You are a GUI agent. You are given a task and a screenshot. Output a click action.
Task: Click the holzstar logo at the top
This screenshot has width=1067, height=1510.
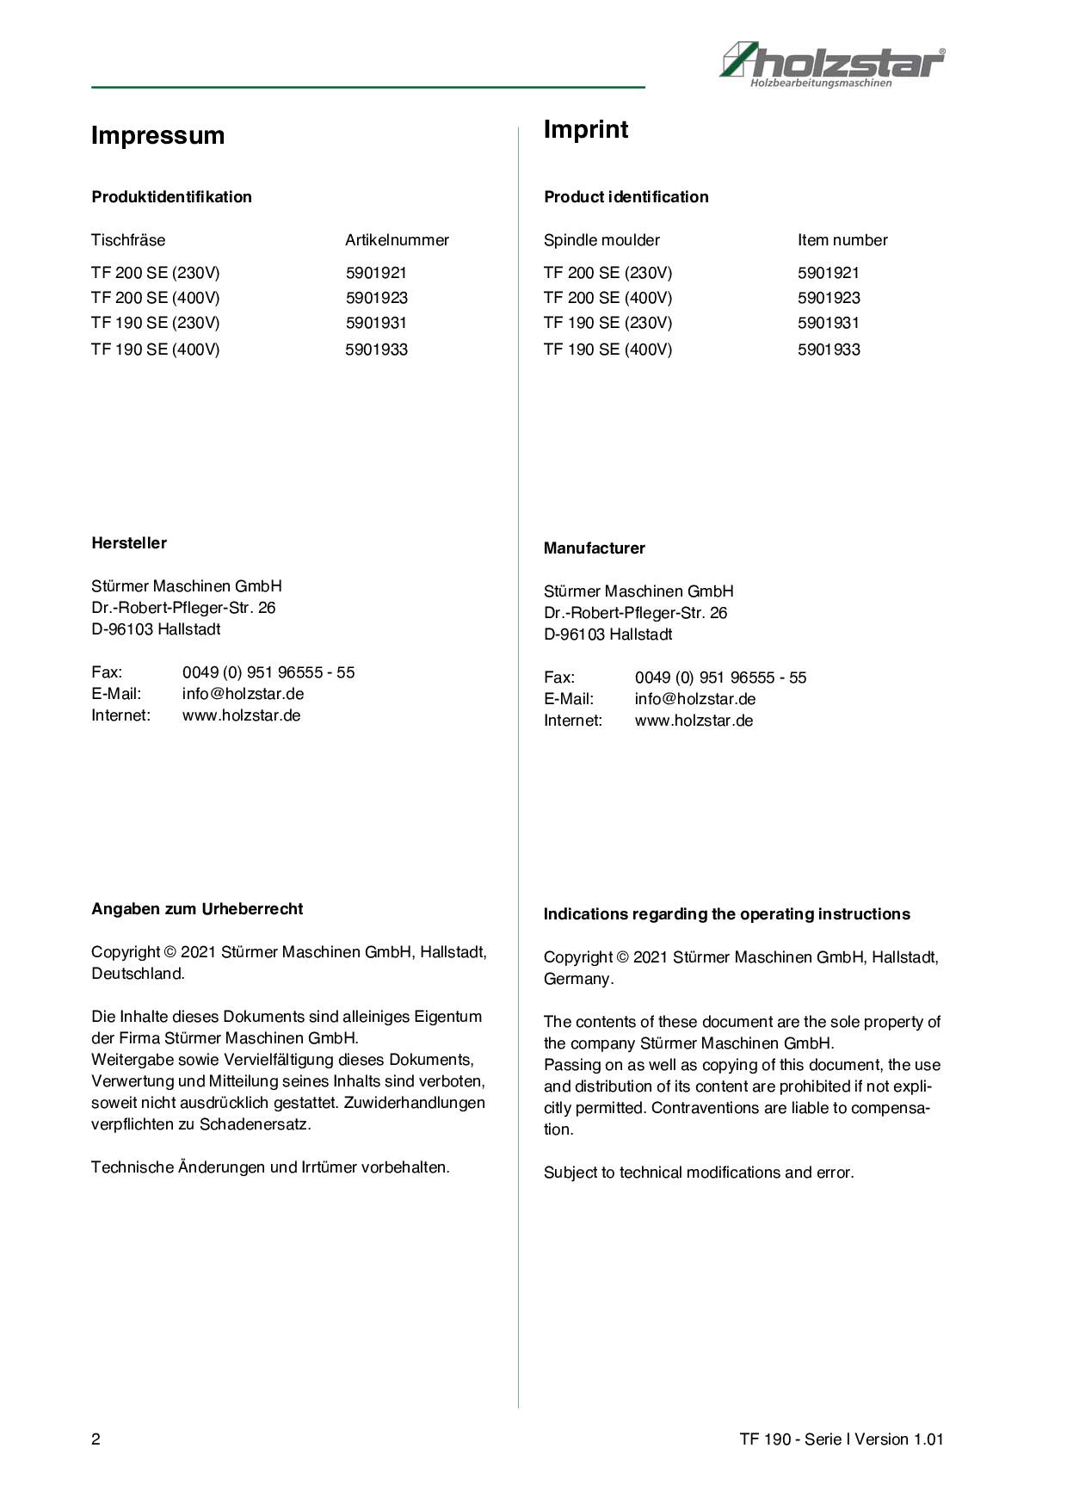pos(831,63)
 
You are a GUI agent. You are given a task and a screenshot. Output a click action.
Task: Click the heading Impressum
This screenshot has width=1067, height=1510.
pos(157,135)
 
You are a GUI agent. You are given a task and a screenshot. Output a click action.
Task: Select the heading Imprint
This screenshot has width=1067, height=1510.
pos(585,129)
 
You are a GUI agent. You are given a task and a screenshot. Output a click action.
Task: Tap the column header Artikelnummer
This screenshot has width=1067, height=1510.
pos(397,240)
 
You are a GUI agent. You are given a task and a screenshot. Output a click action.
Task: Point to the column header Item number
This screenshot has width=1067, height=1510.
pos(842,240)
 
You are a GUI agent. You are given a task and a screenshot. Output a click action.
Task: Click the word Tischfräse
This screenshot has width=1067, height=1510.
pos(128,240)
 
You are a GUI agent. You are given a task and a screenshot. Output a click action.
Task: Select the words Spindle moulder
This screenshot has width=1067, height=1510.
pos(601,240)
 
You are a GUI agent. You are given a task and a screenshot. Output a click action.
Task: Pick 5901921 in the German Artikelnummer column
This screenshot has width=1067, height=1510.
pos(376,273)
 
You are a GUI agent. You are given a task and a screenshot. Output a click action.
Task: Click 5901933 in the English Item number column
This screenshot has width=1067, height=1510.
pos(829,350)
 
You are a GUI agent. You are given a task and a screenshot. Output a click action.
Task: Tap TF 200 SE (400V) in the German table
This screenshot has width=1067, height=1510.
pos(155,298)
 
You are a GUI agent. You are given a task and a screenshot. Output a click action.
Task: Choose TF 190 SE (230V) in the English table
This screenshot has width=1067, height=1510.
pos(608,323)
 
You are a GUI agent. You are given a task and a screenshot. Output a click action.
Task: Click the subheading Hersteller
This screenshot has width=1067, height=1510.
pos(129,543)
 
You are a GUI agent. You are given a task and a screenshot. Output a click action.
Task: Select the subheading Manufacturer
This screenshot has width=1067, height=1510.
pos(594,548)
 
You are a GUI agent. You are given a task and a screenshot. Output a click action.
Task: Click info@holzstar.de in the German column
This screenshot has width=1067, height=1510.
pos(243,694)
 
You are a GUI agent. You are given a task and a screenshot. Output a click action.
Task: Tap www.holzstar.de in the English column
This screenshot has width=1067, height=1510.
pos(694,721)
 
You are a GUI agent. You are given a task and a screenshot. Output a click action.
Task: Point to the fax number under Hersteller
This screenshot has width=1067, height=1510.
pos(268,672)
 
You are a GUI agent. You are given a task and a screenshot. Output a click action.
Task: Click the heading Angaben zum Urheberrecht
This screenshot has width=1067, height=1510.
pos(197,909)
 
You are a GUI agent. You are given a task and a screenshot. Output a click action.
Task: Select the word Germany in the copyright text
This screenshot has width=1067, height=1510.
pos(577,979)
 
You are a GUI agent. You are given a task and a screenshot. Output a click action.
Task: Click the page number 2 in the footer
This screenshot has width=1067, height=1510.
pos(96,1439)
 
